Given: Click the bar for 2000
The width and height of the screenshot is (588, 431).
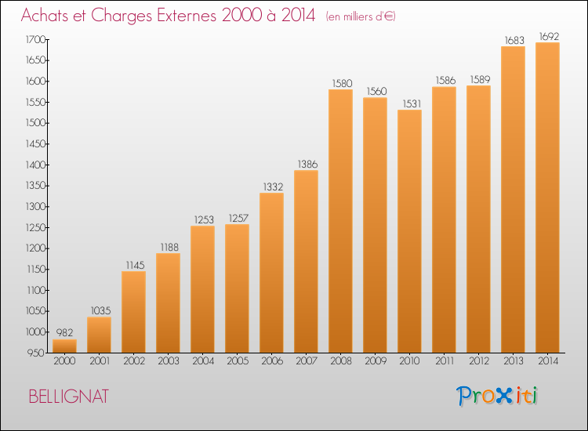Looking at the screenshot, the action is pyautogui.click(x=64, y=346).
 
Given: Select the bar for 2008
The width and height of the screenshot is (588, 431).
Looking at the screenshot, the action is pyautogui.click(x=340, y=221).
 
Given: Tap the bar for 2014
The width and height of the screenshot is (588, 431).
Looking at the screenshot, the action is pyautogui.click(x=547, y=197).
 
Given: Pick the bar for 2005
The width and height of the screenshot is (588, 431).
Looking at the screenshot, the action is pyautogui.click(x=237, y=288).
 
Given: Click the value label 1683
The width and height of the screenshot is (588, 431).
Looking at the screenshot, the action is pyautogui.click(x=514, y=40).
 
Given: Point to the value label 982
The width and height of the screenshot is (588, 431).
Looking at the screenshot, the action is pyautogui.click(x=64, y=332).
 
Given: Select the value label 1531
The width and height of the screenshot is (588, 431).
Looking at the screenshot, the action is pyautogui.click(x=412, y=103).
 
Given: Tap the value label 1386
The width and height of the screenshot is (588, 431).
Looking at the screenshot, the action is pyautogui.click(x=307, y=164).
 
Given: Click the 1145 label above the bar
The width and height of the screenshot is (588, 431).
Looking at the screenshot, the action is pyautogui.click(x=135, y=266).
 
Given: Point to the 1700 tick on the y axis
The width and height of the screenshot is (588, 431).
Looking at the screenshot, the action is pyautogui.click(x=35, y=39).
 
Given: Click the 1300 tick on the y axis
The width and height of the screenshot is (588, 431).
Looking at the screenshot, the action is pyautogui.click(x=35, y=207).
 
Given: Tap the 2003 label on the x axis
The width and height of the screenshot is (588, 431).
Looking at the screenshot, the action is pyautogui.click(x=169, y=361).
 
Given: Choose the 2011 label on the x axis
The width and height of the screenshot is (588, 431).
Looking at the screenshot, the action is pyautogui.click(x=445, y=361).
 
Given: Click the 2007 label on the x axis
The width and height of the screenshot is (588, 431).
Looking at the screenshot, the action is pyautogui.click(x=307, y=361).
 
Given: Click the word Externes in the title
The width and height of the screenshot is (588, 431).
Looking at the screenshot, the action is pyautogui.click(x=187, y=16).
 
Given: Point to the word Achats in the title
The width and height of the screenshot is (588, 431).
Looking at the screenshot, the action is pyautogui.click(x=45, y=16).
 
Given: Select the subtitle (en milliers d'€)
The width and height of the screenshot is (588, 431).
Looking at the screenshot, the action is pyautogui.click(x=361, y=16).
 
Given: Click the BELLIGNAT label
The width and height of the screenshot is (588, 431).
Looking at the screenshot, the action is pyautogui.click(x=69, y=397).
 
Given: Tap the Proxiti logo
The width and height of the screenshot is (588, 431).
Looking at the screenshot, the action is pyautogui.click(x=497, y=396).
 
